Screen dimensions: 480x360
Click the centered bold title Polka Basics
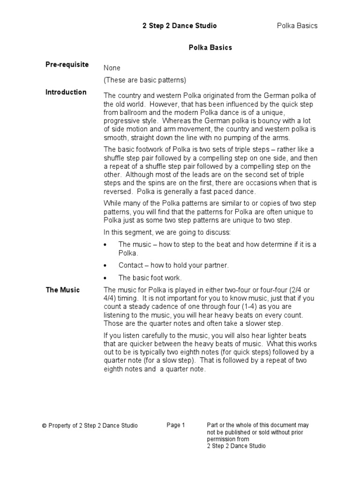(210, 47)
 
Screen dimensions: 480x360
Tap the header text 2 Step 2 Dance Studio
(180, 26)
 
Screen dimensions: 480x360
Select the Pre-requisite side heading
(67, 65)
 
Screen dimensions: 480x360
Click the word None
(112, 68)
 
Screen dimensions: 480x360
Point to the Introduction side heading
(66, 92)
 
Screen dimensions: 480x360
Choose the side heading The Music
(63, 290)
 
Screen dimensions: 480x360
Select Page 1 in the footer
(176, 425)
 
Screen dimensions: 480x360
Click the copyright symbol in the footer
(44, 426)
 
